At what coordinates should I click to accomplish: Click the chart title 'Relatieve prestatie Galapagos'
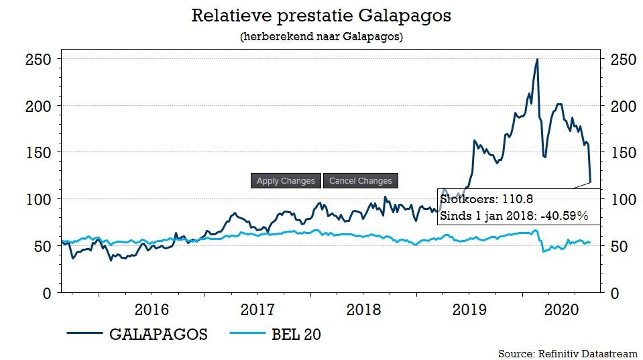321,15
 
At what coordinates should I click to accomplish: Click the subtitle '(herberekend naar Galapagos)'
321,37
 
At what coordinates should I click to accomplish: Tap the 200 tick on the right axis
624,107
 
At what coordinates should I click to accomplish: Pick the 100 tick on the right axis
624,200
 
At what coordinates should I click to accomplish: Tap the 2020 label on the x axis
562,310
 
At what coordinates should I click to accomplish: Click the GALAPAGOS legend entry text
158,335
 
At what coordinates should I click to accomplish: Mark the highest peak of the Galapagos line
537,60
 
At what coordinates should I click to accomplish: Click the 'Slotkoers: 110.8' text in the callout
486,199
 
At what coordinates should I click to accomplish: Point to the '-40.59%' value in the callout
565,216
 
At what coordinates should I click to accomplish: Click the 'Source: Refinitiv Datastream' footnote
568,353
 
